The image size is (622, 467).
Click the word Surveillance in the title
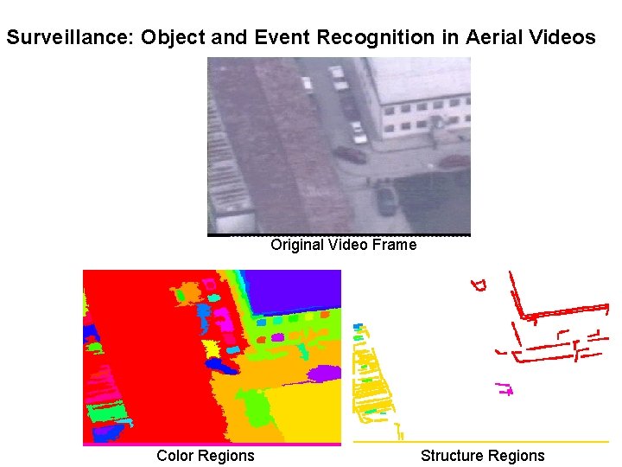[67, 38]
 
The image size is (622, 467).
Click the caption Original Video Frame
[343, 245]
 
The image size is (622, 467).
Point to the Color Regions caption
[206, 456]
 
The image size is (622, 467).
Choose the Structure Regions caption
[482, 456]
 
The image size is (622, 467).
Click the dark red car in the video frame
[351, 154]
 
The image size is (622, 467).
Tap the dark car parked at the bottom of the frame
[386, 200]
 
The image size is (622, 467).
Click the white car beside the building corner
[357, 131]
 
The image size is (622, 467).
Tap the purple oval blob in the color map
[324, 374]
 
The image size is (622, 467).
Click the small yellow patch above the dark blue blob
[212, 347]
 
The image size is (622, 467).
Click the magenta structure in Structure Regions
[504, 388]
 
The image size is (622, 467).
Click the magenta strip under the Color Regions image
[212, 445]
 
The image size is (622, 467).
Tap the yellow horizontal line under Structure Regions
[481, 442]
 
